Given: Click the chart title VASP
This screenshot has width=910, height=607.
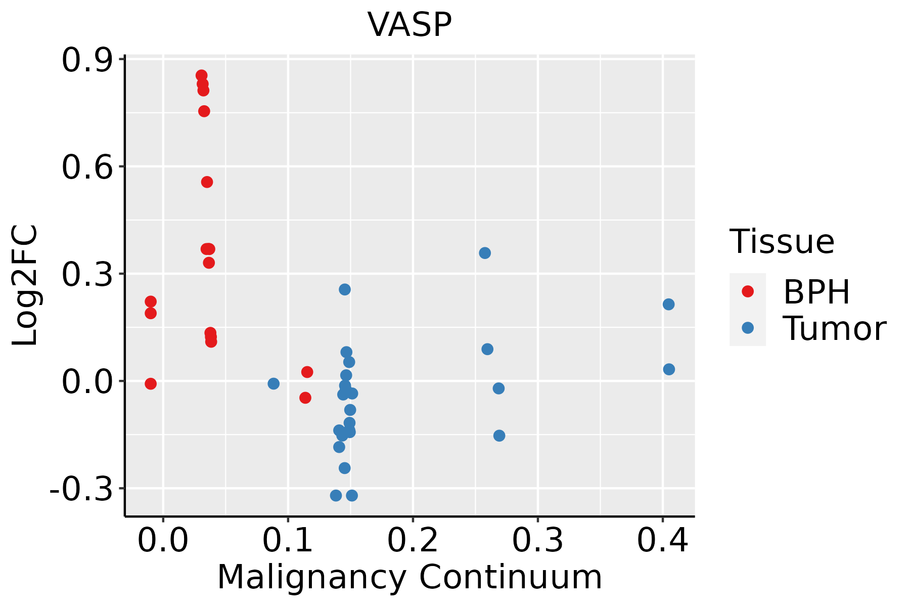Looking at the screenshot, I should point(409,24).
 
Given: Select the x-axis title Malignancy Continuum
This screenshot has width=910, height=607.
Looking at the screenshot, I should point(409,578).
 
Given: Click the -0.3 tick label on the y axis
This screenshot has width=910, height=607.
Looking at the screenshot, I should point(81,489).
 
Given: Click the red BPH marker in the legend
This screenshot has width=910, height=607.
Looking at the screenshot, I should point(747,291).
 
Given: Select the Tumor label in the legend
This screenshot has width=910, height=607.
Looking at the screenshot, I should point(834,329).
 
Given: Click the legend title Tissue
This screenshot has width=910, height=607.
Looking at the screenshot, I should point(782,241).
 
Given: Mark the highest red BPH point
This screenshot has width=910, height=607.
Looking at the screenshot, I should point(201,76).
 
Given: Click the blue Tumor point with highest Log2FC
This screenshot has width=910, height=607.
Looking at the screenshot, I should point(485,253).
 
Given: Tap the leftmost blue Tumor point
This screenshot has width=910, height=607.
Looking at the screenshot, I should point(274,383).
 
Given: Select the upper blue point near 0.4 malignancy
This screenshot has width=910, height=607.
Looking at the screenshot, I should point(668,304).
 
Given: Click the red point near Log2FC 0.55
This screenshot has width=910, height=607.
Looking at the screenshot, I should point(207,182).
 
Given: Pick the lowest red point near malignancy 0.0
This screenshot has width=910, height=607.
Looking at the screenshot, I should point(151,383).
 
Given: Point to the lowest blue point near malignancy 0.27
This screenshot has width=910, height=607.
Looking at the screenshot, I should point(499,436).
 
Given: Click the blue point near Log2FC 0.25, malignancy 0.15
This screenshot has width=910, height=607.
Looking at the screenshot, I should point(345,289).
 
